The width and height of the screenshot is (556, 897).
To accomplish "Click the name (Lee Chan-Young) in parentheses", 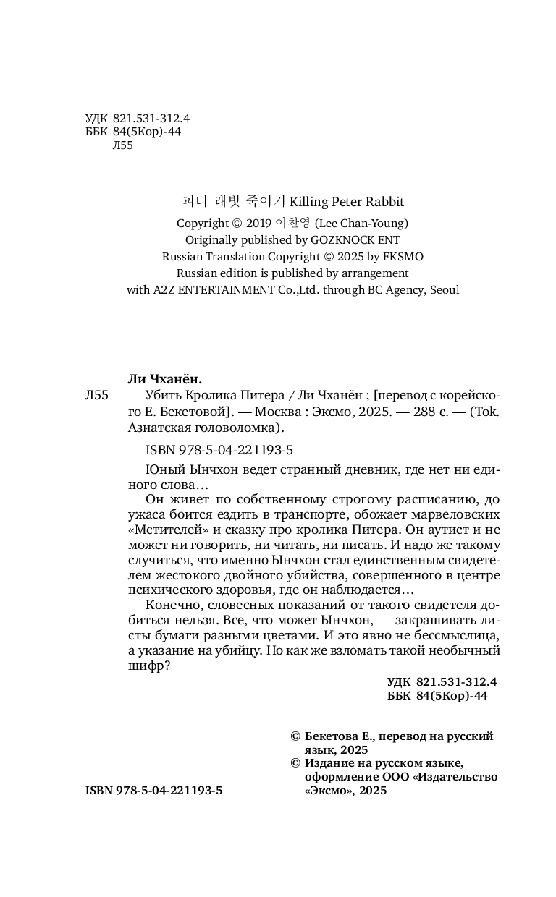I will click(361, 224).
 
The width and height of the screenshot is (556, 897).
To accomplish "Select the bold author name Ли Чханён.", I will click(164, 379).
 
